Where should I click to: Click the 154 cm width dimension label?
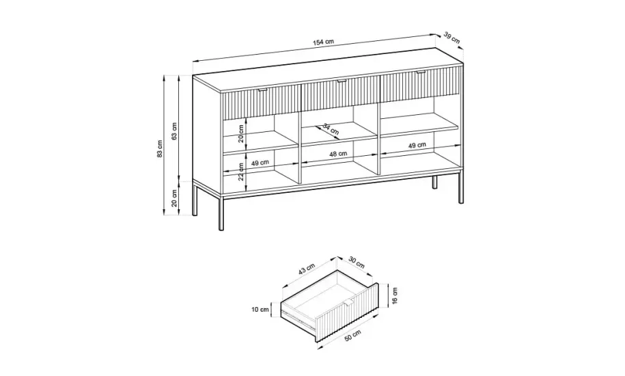click(x=323, y=42)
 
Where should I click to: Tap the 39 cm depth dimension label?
click(x=452, y=38)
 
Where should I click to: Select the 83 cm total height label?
click(x=160, y=149)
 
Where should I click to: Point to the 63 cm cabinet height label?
click(x=174, y=131)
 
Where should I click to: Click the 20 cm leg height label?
click(x=174, y=198)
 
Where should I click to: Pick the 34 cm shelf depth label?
click(x=330, y=129)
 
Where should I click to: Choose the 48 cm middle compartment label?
click(x=338, y=154)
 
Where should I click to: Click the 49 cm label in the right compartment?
click(x=417, y=146)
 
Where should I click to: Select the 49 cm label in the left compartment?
click(x=260, y=163)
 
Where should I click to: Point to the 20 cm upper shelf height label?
click(x=240, y=133)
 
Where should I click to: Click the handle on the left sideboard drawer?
click(x=263, y=90)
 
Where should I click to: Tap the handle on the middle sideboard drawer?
click(x=342, y=81)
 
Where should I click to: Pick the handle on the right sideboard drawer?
click(x=421, y=72)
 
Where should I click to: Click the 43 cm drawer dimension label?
click(x=307, y=269)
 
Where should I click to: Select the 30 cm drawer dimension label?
click(x=357, y=262)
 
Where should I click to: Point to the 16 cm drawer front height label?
click(x=395, y=295)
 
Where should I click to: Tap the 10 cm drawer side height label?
click(x=260, y=310)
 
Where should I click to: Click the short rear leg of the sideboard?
click(x=435, y=181)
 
